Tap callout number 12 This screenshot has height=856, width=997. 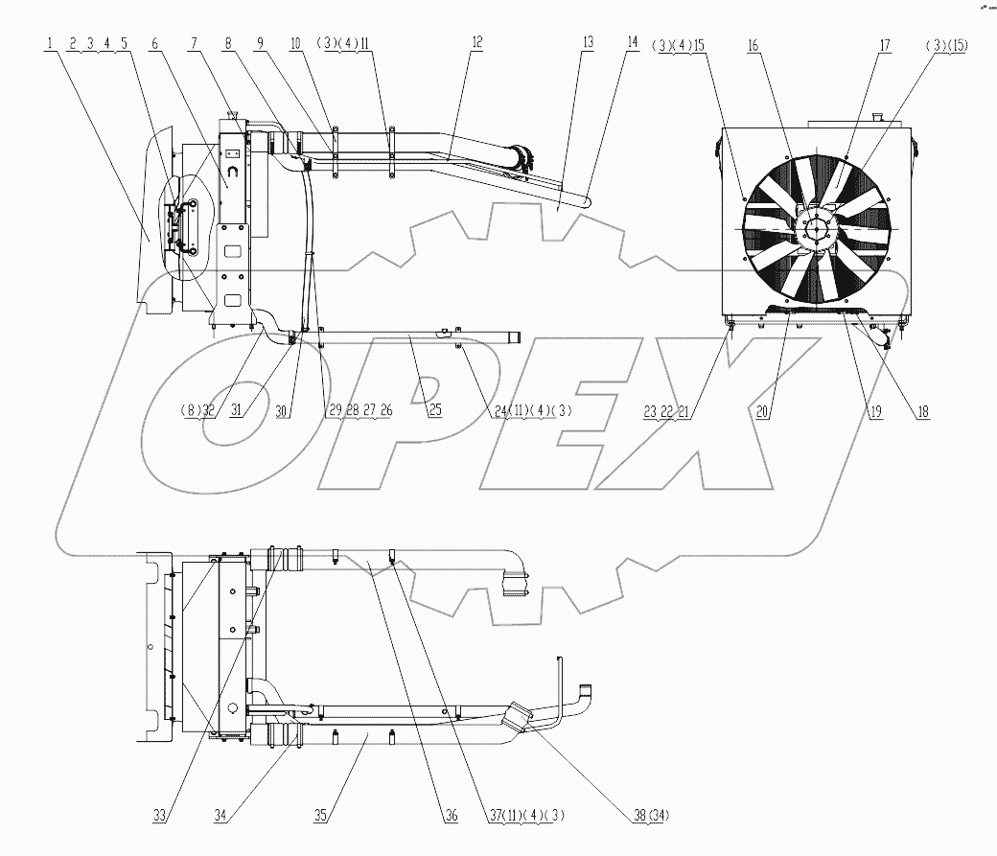tap(476, 43)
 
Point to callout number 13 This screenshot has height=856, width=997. tap(588, 43)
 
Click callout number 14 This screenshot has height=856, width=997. tap(631, 43)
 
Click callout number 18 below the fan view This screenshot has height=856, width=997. tap(921, 412)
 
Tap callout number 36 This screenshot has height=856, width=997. tap(451, 816)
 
